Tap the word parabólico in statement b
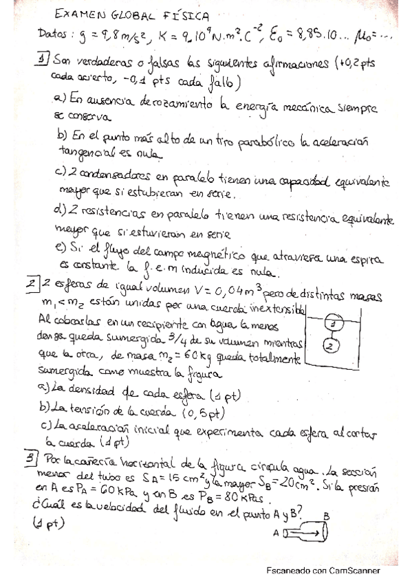pos(261,140)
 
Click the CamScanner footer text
pos(323,570)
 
